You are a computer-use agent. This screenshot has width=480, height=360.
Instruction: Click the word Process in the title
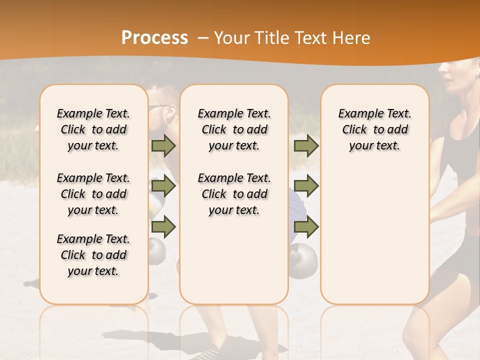154,38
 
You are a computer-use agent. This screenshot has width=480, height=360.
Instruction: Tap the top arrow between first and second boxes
163,145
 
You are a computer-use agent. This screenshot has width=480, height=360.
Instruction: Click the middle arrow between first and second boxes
163,186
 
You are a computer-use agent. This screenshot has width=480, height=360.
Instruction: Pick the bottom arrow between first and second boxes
163,226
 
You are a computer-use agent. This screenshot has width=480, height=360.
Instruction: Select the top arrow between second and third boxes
306,145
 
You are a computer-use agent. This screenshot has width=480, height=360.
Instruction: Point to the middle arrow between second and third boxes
306,186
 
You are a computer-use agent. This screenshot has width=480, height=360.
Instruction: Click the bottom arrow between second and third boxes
306,226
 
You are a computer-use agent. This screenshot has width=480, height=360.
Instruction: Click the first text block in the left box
93,129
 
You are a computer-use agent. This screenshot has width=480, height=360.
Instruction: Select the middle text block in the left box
93,194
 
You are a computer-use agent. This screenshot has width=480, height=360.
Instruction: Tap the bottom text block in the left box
93,255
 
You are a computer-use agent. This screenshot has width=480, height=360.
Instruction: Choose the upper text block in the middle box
234,129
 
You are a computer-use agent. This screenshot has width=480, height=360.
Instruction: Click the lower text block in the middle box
234,194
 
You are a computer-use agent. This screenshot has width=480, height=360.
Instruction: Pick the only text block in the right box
374,129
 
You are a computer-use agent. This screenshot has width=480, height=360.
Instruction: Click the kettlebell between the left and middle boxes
157,250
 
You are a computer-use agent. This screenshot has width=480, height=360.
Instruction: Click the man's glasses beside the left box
159,106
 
